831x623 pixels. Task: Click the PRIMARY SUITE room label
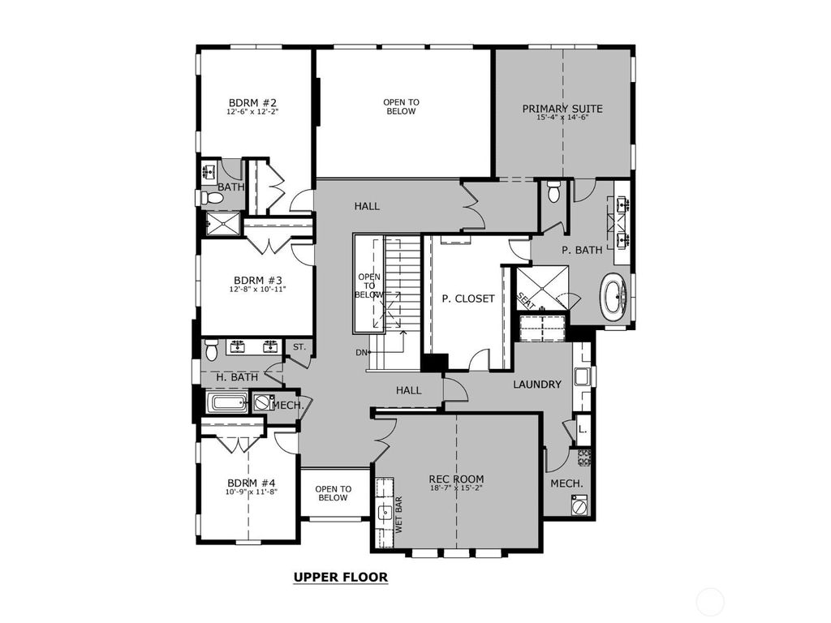click(562, 109)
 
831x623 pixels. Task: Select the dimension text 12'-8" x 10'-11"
click(258, 288)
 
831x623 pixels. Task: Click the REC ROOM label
click(456, 479)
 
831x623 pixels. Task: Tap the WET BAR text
click(398, 514)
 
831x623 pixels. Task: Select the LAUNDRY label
click(536, 384)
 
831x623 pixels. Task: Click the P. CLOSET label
click(467, 299)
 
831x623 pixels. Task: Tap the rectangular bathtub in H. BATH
click(228, 402)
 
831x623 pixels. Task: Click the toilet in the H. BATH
click(211, 350)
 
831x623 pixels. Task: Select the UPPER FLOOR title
click(340, 578)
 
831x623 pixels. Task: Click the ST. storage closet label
click(298, 347)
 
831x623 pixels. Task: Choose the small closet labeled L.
click(582, 429)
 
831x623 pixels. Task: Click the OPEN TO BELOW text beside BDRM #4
click(333, 493)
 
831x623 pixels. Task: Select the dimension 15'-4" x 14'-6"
click(562, 118)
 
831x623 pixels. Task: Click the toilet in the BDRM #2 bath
click(213, 197)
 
